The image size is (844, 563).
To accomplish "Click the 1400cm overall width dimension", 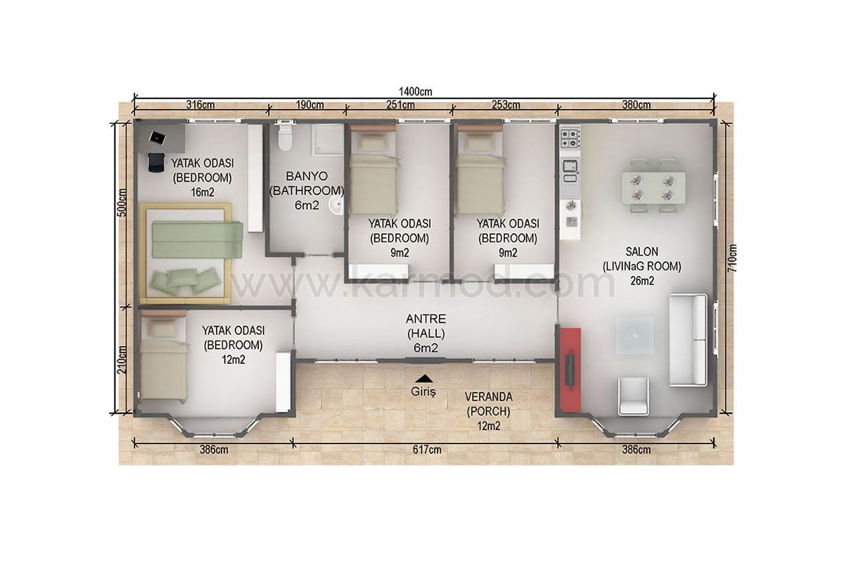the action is (x=415, y=91).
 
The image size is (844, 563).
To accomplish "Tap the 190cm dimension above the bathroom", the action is (x=309, y=105).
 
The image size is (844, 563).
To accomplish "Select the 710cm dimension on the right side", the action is (x=732, y=258).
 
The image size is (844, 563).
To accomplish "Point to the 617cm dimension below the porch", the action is (x=427, y=450).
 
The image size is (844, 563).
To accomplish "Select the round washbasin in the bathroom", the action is (x=336, y=205).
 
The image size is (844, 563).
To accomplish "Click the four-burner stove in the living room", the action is (x=570, y=138).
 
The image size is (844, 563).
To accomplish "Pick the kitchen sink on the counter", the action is (x=570, y=166).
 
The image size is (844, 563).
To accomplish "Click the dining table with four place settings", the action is (x=653, y=188).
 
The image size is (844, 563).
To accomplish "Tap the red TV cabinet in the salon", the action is (x=570, y=370).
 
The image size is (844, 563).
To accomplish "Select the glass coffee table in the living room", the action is (x=635, y=335).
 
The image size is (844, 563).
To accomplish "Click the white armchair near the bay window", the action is (x=634, y=396).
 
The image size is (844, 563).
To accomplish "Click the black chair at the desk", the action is (x=156, y=163).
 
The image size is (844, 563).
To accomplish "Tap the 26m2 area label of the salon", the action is (x=642, y=281).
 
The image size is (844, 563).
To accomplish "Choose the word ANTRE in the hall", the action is (x=426, y=319).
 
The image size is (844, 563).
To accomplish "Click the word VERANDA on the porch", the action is (x=488, y=397).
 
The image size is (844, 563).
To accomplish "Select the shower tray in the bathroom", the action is (x=327, y=139).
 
